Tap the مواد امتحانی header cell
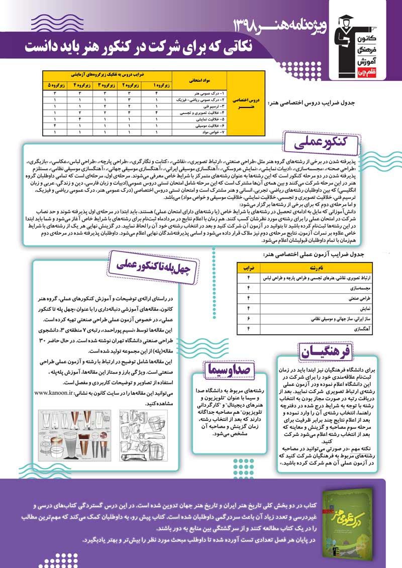198,79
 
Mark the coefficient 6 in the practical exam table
248,319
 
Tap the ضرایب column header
248,267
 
